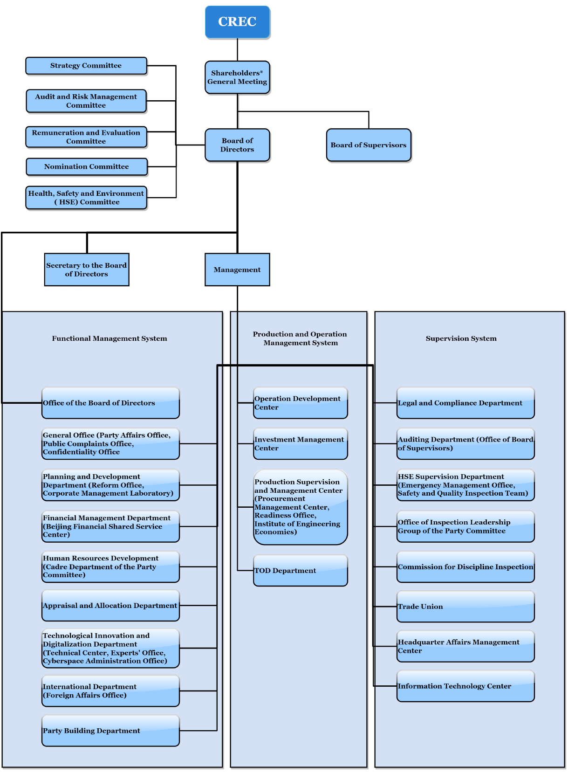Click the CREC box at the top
coord(237,22)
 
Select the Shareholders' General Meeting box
coord(237,77)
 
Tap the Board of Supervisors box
coord(369,145)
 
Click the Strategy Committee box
coord(86,66)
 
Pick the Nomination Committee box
coord(87,167)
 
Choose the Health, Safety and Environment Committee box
coord(86,198)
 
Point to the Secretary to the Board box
coord(87,269)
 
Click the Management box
coord(237,269)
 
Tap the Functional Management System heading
coord(109,338)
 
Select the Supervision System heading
coord(461,338)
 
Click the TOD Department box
coord(301,571)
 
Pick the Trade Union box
coord(465,607)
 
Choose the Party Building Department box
coord(110,731)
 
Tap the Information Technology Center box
coord(465,686)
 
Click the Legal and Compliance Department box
coord(465,403)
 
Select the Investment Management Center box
coord(301,444)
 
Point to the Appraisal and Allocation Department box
coord(110,606)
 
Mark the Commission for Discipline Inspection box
coord(465,567)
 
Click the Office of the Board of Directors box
coord(110,403)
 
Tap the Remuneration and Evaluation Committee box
coord(86,137)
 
